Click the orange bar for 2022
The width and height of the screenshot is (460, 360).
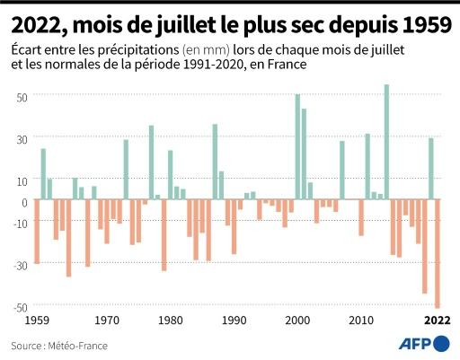click(x=438, y=254)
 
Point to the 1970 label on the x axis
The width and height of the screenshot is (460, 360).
click(x=107, y=320)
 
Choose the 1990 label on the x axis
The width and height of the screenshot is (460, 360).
click(x=234, y=320)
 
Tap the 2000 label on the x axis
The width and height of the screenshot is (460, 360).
click(x=297, y=320)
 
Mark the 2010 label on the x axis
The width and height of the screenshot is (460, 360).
click(x=361, y=320)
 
